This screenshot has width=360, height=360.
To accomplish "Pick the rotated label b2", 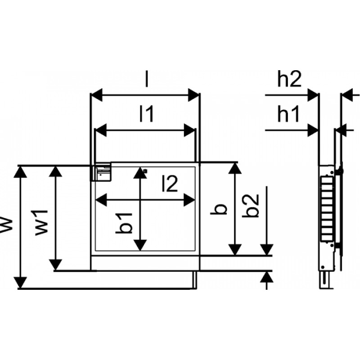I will point(252,206).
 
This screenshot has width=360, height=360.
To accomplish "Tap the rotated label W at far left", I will point(7,224).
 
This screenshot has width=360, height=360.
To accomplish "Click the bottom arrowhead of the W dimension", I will point(20,282).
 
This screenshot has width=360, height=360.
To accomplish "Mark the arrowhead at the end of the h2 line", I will point(313,95).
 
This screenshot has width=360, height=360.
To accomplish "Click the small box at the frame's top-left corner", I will point(102,172).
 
